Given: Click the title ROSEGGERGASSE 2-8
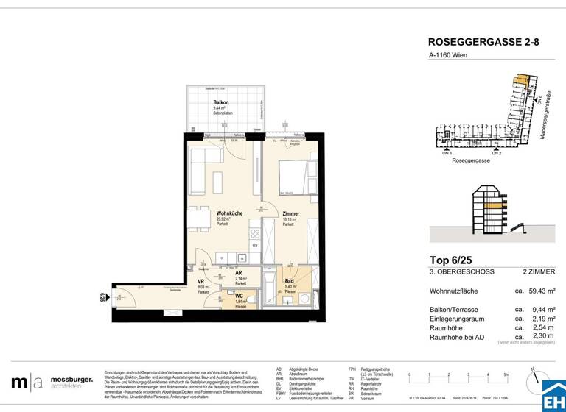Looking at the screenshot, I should (483, 43).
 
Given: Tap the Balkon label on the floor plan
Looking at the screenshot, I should (220, 103).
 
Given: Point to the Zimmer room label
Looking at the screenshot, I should (291, 213).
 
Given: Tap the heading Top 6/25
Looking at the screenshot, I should (451, 259).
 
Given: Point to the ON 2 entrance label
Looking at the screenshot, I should (497, 152).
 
